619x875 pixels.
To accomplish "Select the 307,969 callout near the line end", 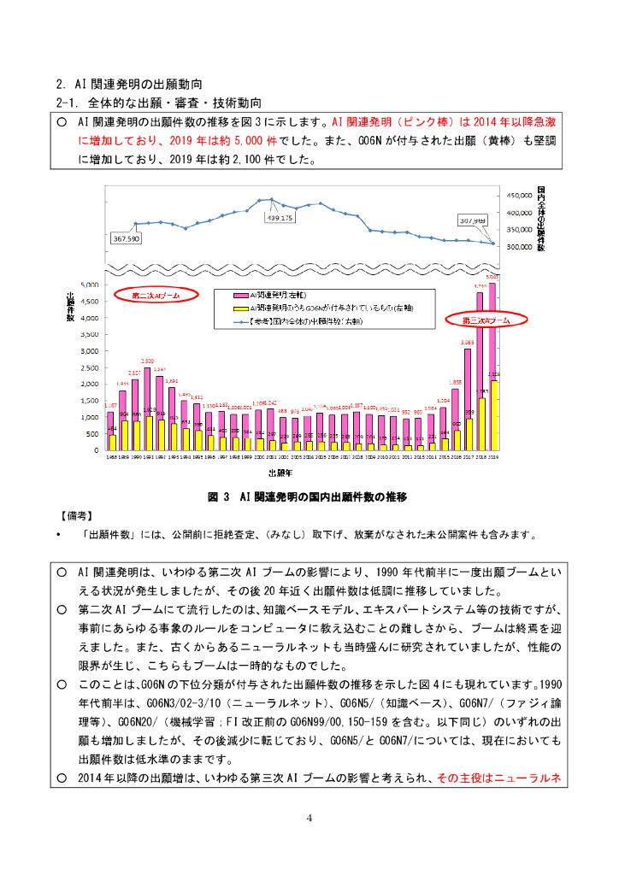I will [473, 220].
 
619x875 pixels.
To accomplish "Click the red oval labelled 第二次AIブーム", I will [155, 295].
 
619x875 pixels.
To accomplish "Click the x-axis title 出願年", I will [280, 472].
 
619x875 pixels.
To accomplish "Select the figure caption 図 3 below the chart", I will [307, 496].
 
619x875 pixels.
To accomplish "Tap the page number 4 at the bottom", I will [309, 818].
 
